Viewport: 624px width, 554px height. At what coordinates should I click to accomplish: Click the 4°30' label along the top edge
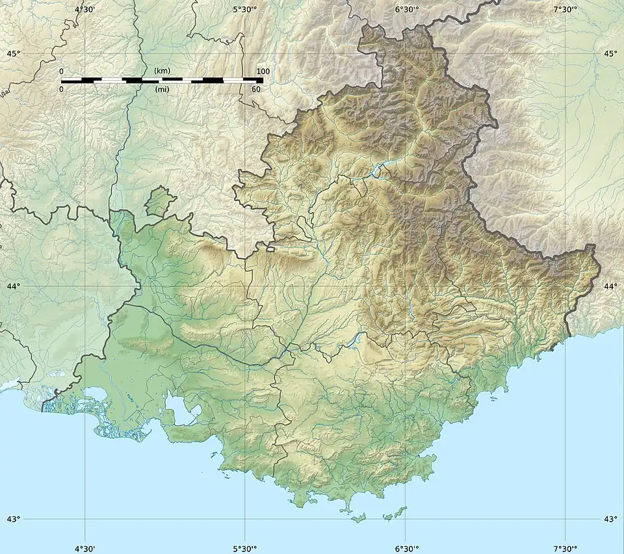[x=84, y=9]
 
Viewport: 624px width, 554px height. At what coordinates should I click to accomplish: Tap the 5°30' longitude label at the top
[x=244, y=9]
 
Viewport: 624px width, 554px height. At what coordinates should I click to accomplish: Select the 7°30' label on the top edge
[x=565, y=9]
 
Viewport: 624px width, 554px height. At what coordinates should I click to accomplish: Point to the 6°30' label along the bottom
[x=406, y=547]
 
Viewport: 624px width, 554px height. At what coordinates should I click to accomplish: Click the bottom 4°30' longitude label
[x=84, y=547]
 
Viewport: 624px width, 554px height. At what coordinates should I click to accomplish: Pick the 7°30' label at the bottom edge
[x=565, y=547]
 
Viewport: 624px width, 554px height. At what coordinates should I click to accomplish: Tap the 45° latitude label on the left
[x=13, y=53]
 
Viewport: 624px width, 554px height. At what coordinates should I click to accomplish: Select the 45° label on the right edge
[x=610, y=53]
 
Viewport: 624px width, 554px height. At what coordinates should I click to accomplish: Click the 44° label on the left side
[x=13, y=286]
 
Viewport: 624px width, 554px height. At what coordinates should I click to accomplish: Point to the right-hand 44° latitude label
[x=610, y=286]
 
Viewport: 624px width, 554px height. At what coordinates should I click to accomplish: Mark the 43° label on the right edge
[x=610, y=519]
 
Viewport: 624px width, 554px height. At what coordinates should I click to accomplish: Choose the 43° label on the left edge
[x=13, y=519]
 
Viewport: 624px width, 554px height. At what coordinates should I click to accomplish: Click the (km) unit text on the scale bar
[x=162, y=70]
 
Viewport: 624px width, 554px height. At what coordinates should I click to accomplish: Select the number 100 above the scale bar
[x=263, y=71]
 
